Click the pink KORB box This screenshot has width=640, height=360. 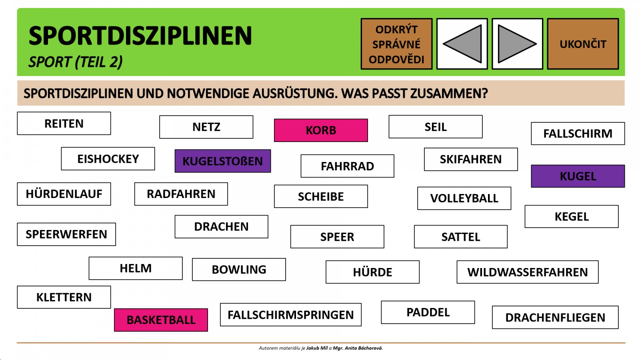(321, 130)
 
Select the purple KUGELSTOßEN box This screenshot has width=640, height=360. (223, 161)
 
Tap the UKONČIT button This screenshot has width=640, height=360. (583, 44)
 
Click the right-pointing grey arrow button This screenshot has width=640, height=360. (518, 44)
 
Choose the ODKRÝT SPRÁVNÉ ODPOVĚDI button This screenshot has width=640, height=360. (396, 44)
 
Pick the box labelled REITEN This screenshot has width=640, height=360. (64, 124)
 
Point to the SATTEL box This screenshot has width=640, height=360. (461, 236)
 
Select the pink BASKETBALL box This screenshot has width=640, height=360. (161, 320)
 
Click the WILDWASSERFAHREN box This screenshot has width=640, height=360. (528, 272)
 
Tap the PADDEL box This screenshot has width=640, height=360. (428, 312)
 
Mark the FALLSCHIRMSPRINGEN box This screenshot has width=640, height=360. (291, 314)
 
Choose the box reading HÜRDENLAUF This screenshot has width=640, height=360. (64, 194)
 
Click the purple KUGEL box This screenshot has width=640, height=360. (578, 176)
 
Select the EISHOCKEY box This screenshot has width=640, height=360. (108, 159)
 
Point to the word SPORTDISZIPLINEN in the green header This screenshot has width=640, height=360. (140, 36)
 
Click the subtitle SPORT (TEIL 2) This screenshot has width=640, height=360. (76, 62)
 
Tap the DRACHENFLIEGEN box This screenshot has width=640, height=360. (556, 318)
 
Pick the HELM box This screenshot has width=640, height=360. (136, 268)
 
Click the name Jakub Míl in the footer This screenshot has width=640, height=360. (317, 348)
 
